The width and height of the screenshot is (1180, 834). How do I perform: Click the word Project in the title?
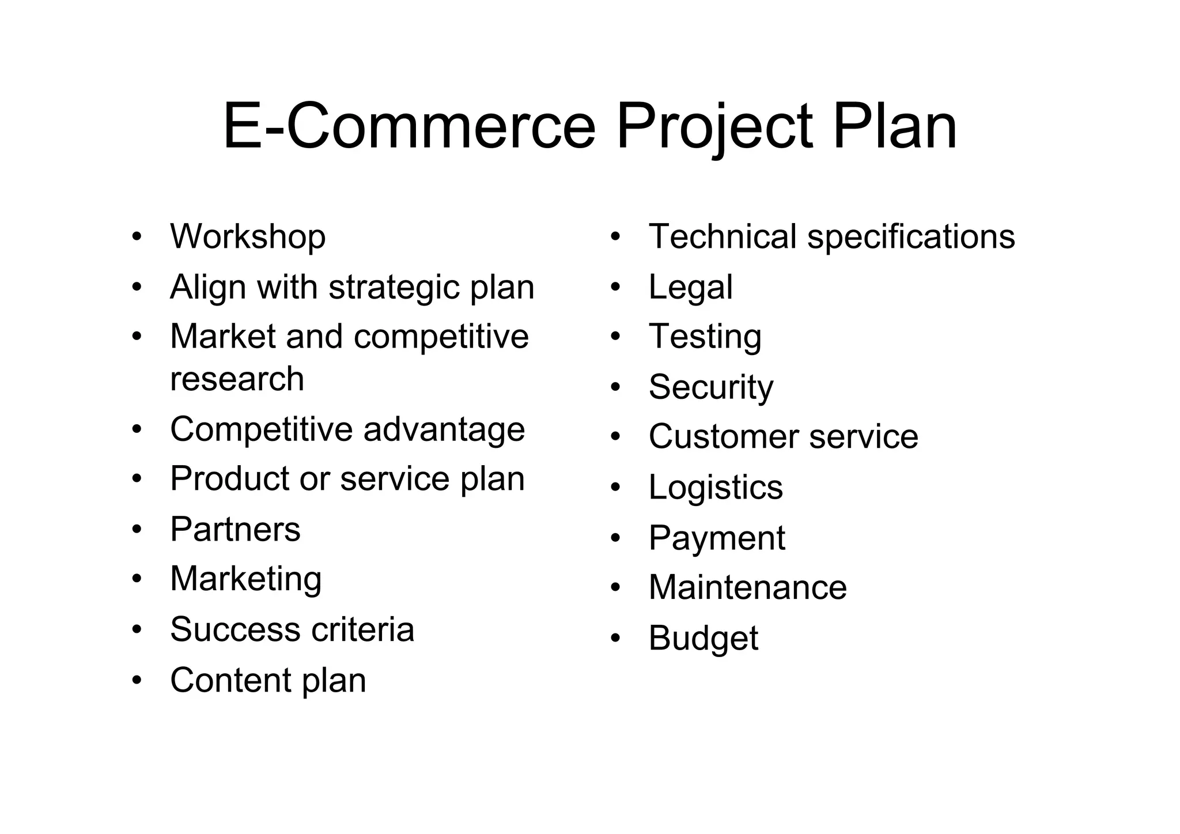tap(714, 127)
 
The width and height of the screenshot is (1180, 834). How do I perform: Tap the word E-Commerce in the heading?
tap(409, 127)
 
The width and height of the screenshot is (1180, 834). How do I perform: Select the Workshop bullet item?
tap(248, 237)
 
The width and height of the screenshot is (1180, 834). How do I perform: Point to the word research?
tap(237, 379)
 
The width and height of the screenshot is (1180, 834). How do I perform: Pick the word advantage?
tap(444, 429)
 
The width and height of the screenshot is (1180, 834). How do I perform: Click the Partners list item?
tap(235, 529)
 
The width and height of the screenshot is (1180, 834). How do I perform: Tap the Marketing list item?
tap(246, 579)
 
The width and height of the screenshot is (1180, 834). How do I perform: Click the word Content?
tap(230, 680)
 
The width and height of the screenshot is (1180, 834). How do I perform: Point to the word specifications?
tap(911, 237)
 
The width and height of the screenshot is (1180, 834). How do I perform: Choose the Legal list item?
tap(690, 287)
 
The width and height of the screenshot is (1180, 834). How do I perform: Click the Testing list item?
tap(705, 337)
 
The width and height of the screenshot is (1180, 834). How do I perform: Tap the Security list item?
tap(711, 387)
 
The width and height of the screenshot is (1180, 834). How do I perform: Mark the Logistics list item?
tap(716, 488)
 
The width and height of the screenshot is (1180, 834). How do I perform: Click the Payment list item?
tap(717, 538)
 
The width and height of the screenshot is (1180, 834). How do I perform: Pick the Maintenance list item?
tap(747, 587)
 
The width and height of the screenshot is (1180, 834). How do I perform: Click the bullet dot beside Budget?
tap(615, 638)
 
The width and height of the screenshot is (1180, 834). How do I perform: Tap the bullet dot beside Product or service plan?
tap(137, 478)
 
